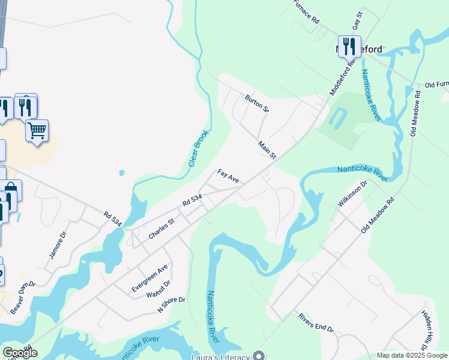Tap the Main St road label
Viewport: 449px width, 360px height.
(267, 149)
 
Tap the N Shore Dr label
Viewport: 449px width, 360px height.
(171, 305)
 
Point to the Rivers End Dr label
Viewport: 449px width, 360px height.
(315, 322)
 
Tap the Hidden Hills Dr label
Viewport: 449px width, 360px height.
(426, 331)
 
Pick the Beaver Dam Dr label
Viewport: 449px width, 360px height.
(23, 298)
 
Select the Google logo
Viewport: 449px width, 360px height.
(19, 353)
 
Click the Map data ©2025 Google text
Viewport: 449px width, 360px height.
(411, 355)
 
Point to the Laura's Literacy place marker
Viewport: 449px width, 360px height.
(259, 355)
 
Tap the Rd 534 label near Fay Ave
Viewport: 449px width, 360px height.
(191, 201)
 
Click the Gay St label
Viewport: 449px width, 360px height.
(358, 21)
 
